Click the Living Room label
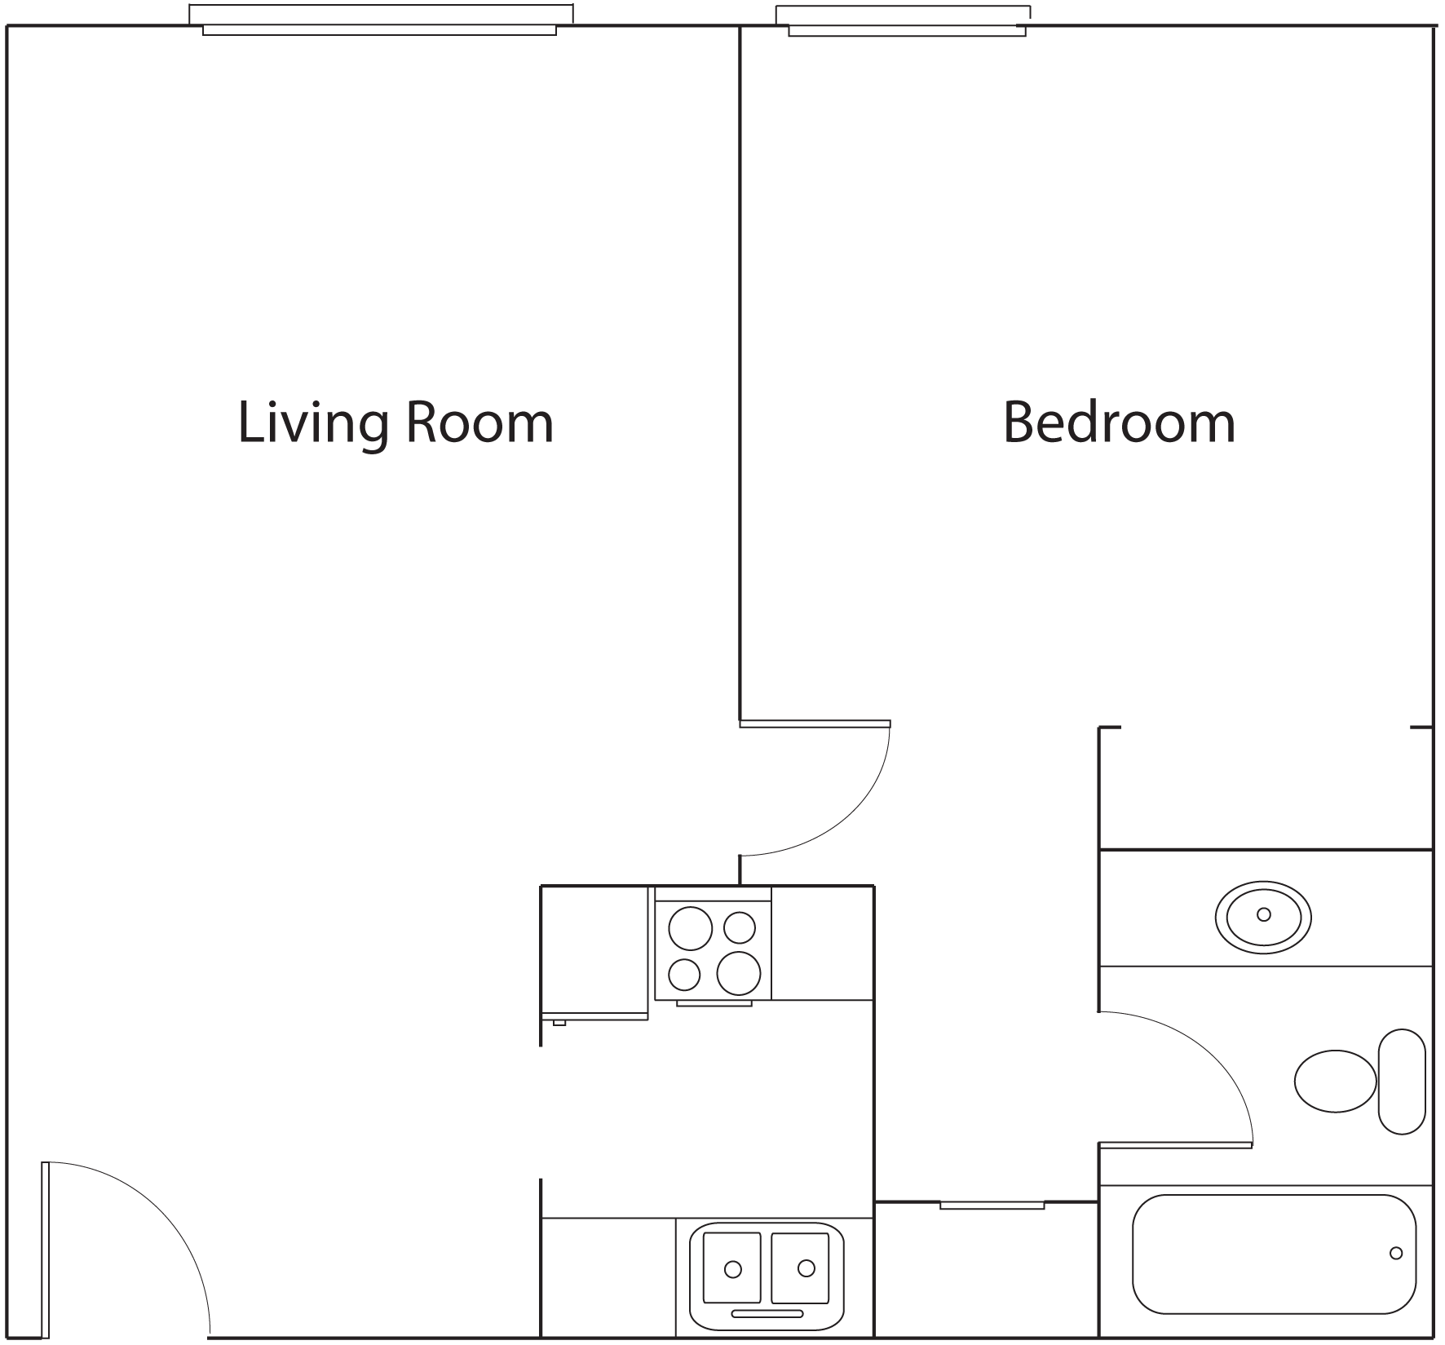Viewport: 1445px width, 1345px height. tap(395, 423)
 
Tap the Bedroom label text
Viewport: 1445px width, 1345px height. tap(1119, 422)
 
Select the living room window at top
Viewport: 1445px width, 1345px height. tap(381, 20)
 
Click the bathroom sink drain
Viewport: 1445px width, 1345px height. tap(1264, 914)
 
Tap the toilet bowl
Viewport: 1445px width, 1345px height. tap(1335, 1081)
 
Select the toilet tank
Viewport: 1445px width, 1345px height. tap(1402, 1081)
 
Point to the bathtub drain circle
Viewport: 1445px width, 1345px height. tap(1396, 1253)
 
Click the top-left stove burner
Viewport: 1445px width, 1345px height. tap(690, 928)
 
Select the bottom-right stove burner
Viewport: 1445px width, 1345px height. tap(739, 973)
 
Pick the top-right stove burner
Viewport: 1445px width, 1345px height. tap(740, 927)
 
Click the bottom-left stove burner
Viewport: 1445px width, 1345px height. tap(685, 974)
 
